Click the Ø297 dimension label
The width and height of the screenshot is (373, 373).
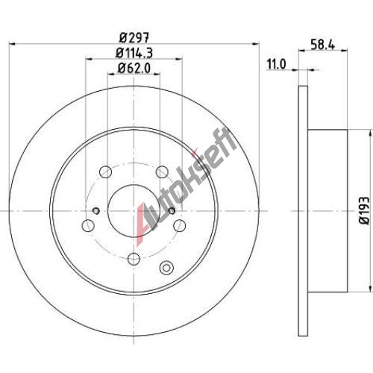click(x=134, y=38)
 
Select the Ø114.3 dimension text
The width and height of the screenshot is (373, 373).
click(x=134, y=53)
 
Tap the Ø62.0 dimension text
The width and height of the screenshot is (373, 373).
click(x=134, y=68)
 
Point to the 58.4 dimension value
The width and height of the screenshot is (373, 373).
click(x=323, y=45)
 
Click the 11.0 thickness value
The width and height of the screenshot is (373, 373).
click(x=277, y=65)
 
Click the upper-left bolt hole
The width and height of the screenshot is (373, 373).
click(x=105, y=172)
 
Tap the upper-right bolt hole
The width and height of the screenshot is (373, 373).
click(x=162, y=172)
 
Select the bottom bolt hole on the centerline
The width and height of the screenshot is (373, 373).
click(x=134, y=259)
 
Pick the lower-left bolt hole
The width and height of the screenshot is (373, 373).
click(x=88, y=225)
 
